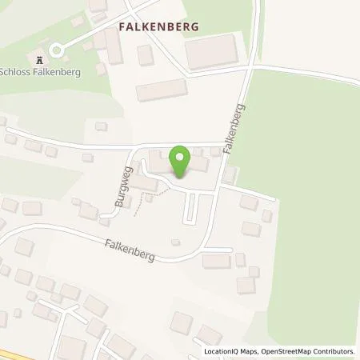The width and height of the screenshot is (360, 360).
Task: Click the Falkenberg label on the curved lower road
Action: point(128,252)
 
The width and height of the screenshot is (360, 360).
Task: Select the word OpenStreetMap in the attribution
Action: point(281,351)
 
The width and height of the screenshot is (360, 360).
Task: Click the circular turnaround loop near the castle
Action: point(55,49)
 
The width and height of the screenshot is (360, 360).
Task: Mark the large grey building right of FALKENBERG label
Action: point(211,50)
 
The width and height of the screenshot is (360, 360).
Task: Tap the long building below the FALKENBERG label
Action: point(161,91)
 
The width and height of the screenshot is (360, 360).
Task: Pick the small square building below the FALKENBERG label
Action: point(145,55)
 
